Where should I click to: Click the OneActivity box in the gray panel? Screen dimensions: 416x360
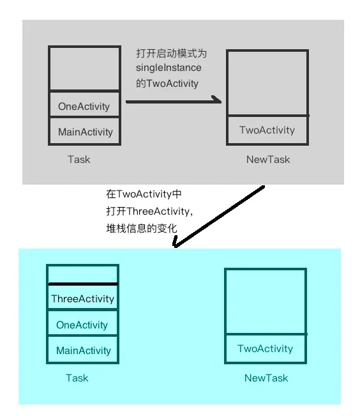tap(84, 106)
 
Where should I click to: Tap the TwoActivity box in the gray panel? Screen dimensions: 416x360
tap(267, 130)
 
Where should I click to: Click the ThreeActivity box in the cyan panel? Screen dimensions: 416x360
tap(82, 298)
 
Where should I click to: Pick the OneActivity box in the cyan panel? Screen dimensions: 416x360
tap(82, 325)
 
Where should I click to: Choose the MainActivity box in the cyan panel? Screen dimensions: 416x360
tap(83, 350)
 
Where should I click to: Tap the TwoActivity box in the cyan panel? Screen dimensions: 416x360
tap(265, 348)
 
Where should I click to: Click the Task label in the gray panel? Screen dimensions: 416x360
tap(79, 159)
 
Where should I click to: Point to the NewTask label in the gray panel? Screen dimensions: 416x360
tap(267, 159)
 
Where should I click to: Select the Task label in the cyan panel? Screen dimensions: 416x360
tap(77, 378)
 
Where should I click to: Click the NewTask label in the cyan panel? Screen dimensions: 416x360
tap(266, 378)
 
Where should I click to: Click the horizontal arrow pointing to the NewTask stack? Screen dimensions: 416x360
tap(173, 101)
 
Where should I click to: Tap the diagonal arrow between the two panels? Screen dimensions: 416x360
tap(219, 217)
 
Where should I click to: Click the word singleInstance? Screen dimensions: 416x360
tap(169, 68)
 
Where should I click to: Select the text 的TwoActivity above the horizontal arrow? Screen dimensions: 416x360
tap(167, 83)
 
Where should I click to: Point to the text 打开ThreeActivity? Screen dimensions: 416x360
tap(149, 211)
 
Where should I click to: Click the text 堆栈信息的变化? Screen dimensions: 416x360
tap(140, 228)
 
